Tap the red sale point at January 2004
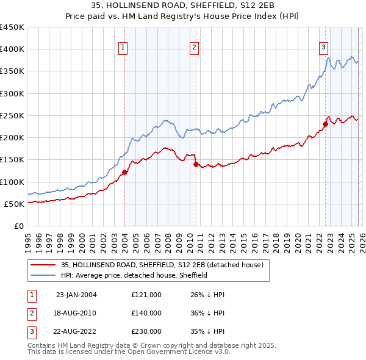[x=124, y=172]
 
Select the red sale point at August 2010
[x=196, y=164]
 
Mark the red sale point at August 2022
[x=325, y=124]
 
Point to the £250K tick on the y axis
[x=12, y=115]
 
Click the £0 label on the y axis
[x=19, y=226]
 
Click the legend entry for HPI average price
[x=134, y=275]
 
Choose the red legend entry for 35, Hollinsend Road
[x=162, y=265]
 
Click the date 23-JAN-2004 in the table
[x=76, y=295]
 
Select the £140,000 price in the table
[x=146, y=313]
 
